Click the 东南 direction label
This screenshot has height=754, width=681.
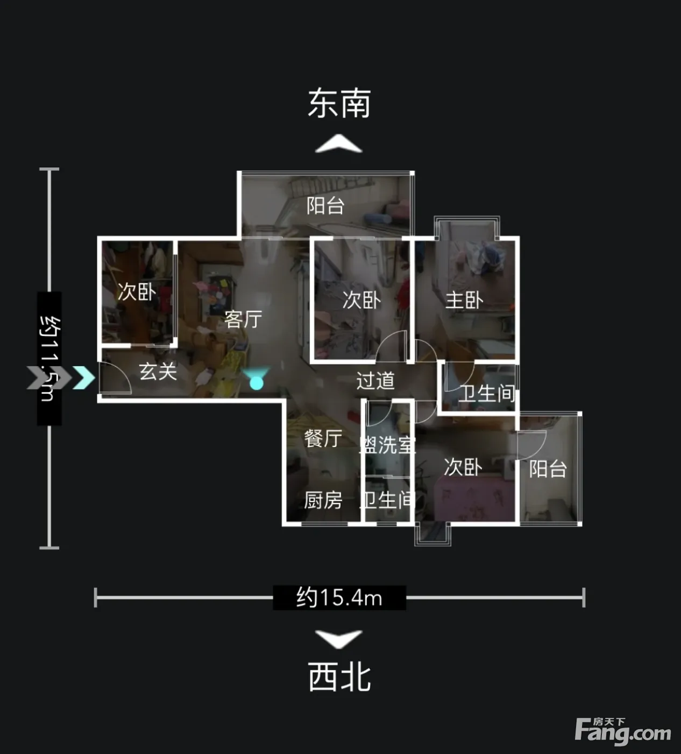pos(339,103)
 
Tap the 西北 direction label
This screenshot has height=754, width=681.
pos(339,676)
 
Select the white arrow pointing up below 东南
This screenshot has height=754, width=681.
pos(339,144)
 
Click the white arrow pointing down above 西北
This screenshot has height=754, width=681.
pos(339,639)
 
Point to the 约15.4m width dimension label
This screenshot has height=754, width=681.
pos(339,597)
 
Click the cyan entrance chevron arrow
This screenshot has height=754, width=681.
pos(84,378)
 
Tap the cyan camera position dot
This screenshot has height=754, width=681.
pos(257,383)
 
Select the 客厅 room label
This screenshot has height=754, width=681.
pos(243,319)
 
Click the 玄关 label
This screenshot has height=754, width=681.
pos(158,372)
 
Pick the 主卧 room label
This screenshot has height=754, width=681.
pos(464,301)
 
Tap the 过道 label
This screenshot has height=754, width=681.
pos(375,380)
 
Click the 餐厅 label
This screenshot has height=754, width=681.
pos(323,438)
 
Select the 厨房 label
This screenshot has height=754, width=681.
pos(323,500)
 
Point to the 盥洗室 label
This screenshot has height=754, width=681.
pos(387,445)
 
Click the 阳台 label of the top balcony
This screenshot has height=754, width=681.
pos(325,206)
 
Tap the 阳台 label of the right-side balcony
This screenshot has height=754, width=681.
pos(548,469)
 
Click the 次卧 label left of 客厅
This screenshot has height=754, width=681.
pos(137,292)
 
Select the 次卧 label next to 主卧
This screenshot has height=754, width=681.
pos(362,301)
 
